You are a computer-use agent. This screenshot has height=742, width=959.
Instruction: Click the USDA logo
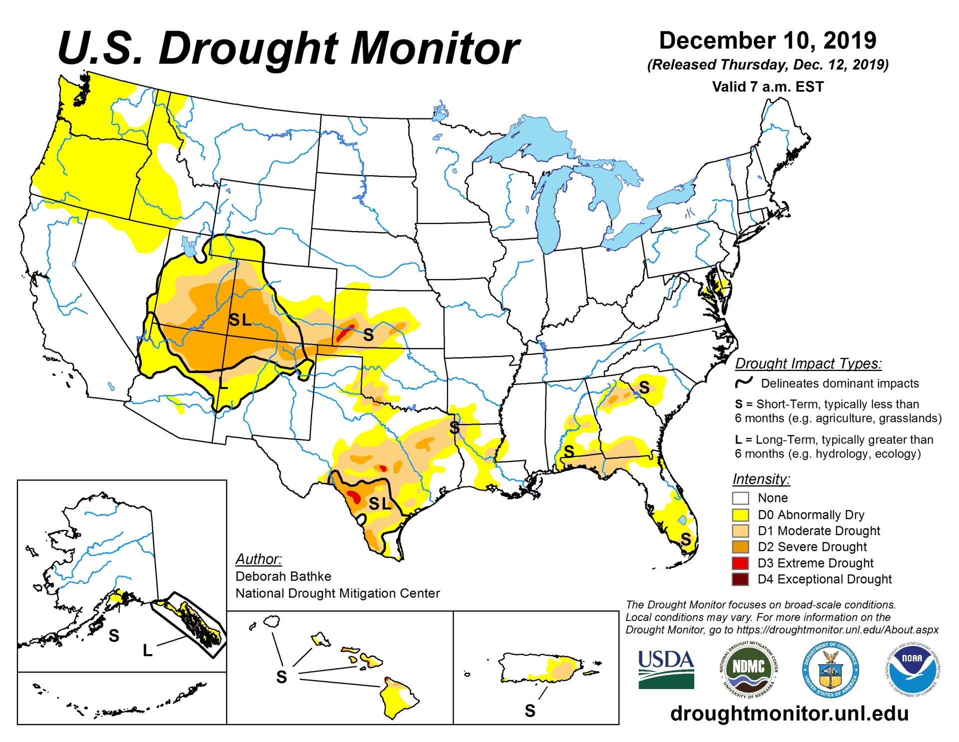click(x=666, y=669)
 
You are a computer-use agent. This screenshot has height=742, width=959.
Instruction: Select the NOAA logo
click(x=912, y=669)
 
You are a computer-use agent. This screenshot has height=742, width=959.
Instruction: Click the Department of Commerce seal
click(x=830, y=669)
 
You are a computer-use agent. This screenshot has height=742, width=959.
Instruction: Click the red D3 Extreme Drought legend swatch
click(x=740, y=563)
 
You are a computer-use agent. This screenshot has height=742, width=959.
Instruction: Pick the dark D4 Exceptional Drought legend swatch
click(x=740, y=579)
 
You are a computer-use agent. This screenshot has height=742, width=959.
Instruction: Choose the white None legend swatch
click(x=740, y=498)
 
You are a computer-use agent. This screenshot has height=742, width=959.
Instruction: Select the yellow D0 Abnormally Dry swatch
click(x=740, y=514)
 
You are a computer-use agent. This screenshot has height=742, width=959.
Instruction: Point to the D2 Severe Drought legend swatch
click(x=740, y=547)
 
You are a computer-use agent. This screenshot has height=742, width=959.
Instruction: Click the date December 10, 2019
click(x=767, y=40)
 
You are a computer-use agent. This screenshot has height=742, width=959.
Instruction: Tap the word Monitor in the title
click(x=435, y=48)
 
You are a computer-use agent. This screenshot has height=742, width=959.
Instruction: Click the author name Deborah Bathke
click(x=283, y=576)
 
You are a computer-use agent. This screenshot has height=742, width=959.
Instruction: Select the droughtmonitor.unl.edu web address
click(x=789, y=713)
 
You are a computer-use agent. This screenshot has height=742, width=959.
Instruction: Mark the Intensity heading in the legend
click(x=761, y=479)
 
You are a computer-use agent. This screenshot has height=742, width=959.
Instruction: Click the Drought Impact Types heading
click(x=808, y=363)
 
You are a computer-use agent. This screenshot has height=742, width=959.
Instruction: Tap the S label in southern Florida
click(x=686, y=539)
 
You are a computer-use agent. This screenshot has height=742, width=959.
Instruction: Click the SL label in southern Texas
click(x=380, y=503)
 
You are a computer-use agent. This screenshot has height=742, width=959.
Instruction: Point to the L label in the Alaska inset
click(x=147, y=650)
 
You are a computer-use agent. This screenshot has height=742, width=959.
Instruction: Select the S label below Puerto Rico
click(x=530, y=710)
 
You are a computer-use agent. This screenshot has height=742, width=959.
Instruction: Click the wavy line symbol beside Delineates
click(x=743, y=383)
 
